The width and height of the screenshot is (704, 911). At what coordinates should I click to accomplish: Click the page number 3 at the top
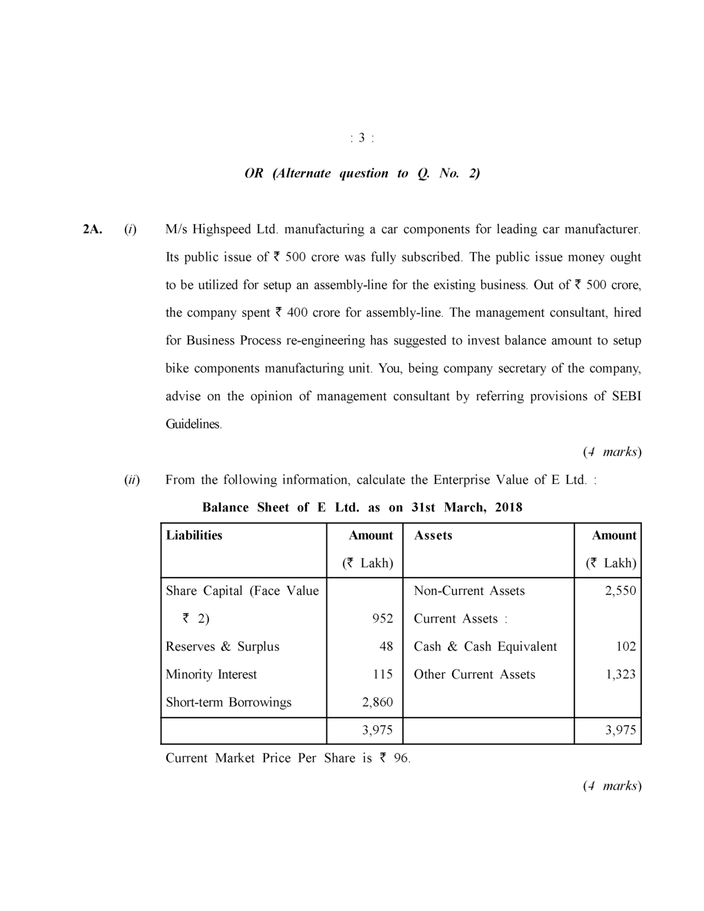[x=362, y=138]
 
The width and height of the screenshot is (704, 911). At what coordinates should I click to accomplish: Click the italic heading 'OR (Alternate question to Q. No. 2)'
[x=362, y=173]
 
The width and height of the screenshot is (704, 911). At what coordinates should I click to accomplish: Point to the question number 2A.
[x=92, y=229]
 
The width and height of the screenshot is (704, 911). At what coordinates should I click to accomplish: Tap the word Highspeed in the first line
[x=222, y=229]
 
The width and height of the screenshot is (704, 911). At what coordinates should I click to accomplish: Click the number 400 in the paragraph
[x=297, y=313]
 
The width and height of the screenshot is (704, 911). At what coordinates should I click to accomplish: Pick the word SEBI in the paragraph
[x=626, y=396]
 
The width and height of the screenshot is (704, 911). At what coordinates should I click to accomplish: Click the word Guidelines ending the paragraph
[x=193, y=424]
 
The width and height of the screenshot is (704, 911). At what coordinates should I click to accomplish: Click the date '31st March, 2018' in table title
[x=467, y=507]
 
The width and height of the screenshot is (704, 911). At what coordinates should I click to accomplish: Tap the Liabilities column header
[x=194, y=536]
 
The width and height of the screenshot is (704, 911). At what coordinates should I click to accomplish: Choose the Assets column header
[x=433, y=536]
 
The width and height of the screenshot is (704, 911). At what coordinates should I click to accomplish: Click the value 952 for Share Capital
[x=382, y=619]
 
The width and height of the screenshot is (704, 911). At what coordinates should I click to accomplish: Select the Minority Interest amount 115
[x=382, y=674]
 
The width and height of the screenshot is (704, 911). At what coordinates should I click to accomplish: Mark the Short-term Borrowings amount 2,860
[x=378, y=703]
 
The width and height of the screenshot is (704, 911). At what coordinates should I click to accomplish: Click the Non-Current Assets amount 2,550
[x=620, y=591]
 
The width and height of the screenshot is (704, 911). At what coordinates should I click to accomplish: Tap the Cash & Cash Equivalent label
[x=485, y=647]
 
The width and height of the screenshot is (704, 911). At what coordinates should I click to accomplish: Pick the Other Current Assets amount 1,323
[x=620, y=674]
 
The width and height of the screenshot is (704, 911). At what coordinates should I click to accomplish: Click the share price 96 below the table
[x=400, y=758]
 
